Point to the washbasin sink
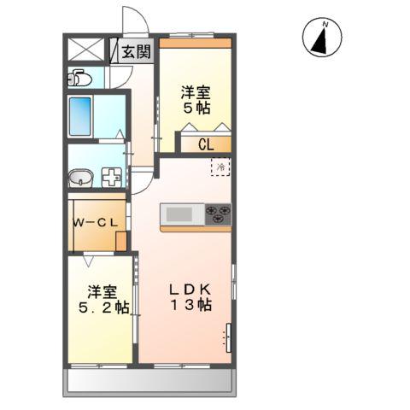pos(80,178)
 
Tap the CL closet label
pos(205,144)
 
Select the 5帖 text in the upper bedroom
pos(195,108)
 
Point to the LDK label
pos(194,288)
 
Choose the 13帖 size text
pos(194,304)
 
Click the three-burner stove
pos(218,214)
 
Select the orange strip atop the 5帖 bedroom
pos(195,42)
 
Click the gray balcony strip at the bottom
pos(149,382)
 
